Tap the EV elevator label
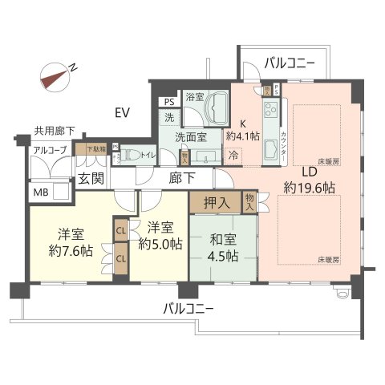click(x=123, y=111)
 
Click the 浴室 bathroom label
click(x=195, y=97)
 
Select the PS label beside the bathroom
click(x=168, y=102)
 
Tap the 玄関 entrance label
click(x=90, y=178)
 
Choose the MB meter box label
click(x=39, y=192)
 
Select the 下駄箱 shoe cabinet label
click(x=84, y=148)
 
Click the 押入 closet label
click(x=217, y=203)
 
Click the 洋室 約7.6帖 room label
click(x=71, y=241)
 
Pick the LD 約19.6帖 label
click(x=309, y=178)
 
